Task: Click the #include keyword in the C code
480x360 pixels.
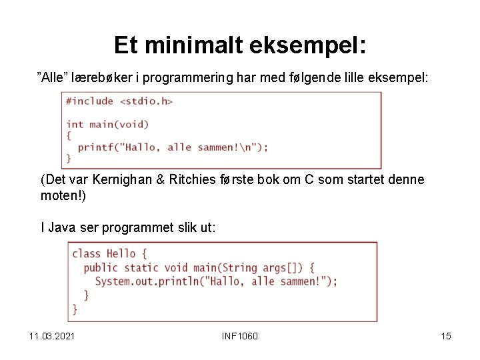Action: (x=90, y=101)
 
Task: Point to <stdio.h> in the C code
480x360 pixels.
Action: (x=146, y=101)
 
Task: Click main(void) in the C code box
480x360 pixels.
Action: (x=118, y=124)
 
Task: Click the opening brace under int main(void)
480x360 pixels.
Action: (x=69, y=135)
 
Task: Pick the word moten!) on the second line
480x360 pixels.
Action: (x=63, y=196)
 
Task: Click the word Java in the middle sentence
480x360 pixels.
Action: (x=61, y=227)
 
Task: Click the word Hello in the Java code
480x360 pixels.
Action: (x=121, y=253)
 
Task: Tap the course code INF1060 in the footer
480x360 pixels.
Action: (x=239, y=335)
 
